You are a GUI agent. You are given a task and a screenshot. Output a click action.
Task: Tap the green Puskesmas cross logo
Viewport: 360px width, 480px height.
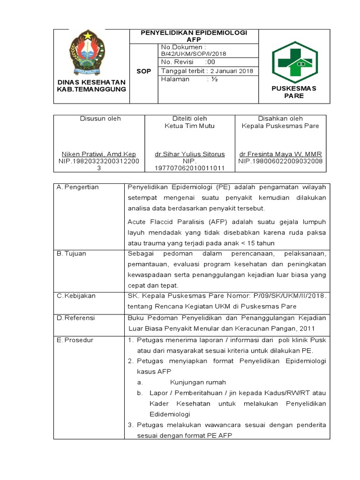(x=294, y=59)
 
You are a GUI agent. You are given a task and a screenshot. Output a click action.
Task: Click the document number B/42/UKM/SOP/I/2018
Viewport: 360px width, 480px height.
(x=193, y=54)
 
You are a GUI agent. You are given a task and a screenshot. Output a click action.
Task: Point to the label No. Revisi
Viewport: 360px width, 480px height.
(x=177, y=62)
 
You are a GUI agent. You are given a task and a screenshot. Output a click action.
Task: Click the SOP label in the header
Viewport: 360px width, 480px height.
(x=143, y=71)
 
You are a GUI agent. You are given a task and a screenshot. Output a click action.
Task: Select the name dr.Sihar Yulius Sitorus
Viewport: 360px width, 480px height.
(x=189, y=154)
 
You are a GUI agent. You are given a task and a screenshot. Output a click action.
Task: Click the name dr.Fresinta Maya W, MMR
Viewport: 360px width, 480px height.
(x=280, y=154)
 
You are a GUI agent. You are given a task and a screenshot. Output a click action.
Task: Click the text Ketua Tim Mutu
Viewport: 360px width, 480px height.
(x=189, y=126)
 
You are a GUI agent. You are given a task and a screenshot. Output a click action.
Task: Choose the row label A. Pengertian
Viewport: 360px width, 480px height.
(x=77, y=187)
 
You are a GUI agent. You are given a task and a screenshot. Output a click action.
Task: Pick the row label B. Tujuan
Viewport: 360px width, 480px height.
(x=71, y=254)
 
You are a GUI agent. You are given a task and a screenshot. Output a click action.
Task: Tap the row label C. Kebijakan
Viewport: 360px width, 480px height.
(x=76, y=296)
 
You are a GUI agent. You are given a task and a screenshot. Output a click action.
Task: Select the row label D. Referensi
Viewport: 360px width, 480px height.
(x=75, y=317)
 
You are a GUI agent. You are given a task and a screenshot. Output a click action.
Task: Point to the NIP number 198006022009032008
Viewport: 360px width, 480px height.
(x=280, y=161)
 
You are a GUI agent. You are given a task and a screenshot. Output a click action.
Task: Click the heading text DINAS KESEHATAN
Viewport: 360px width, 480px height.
(x=91, y=82)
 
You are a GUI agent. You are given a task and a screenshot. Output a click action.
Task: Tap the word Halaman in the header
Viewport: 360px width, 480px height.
(x=175, y=80)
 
